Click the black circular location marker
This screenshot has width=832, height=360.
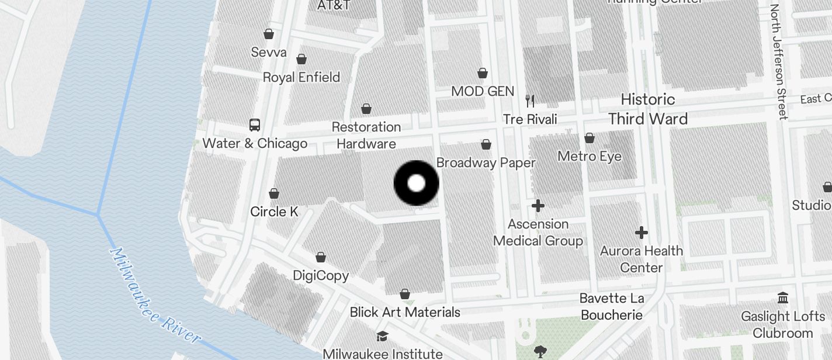pos(416,184)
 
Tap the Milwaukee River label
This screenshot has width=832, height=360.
pos(155,295)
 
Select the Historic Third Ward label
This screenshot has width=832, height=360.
pos(647,109)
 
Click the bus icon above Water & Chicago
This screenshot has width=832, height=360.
pos(255,124)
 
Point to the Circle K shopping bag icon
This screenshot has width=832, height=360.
pos(274,193)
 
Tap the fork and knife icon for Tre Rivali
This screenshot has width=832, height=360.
pos(530,101)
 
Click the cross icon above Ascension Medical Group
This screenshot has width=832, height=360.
pos(538,206)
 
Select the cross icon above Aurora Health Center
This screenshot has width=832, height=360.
pos(642,233)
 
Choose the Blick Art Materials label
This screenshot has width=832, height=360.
pos(405,312)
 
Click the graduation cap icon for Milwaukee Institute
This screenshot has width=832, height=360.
pos(382,336)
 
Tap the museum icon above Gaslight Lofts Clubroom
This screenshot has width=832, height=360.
pos(783,298)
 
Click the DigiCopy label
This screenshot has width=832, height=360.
pos(321,275)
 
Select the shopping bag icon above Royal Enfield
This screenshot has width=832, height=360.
pos(301,59)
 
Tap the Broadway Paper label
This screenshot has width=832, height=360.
pos(486,162)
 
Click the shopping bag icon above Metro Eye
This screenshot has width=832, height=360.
pos(590,138)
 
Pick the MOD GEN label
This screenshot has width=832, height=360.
pos(483,91)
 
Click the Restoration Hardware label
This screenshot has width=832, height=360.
pos(366,135)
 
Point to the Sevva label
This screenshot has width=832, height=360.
pos(269,52)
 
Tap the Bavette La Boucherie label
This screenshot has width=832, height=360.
pos(612,307)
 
